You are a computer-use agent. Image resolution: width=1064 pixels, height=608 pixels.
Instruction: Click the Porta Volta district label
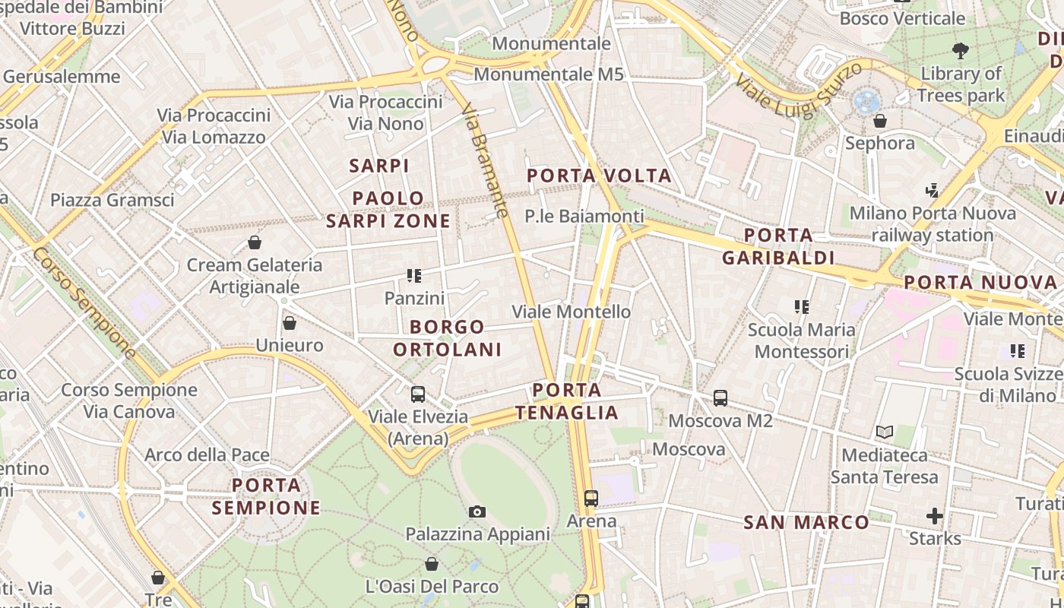(x=600, y=176)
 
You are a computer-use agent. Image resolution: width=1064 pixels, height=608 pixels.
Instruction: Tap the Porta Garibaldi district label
(x=778, y=246)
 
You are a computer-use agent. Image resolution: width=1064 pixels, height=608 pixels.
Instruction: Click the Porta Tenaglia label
(x=566, y=401)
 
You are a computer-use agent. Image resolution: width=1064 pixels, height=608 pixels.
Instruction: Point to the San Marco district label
(x=806, y=522)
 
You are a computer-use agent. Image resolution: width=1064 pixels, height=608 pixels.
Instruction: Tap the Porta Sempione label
(x=266, y=496)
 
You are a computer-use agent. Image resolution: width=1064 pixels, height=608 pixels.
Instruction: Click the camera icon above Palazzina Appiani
(x=477, y=511)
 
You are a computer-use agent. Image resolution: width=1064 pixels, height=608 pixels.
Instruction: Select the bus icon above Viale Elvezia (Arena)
(x=418, y=394)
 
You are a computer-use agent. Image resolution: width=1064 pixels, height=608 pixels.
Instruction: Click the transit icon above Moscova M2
(x=720, y=397)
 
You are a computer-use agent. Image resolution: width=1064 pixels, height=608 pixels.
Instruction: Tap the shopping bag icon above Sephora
(x=880, y=121)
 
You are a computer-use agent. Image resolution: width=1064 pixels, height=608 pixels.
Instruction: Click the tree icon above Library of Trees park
(x=961, y=51)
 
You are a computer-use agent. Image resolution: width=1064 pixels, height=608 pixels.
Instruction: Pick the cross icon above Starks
(x=935, y=517)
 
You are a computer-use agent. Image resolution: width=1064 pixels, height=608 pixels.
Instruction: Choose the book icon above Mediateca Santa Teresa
(x=884, y=432)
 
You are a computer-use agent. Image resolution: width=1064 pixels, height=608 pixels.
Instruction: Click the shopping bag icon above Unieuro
(x=289, y=323)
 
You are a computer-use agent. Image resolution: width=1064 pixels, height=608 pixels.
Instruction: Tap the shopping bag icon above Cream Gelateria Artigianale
(x=255, y=242)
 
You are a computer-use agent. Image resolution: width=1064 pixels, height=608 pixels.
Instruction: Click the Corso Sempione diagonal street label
(x=84, y=302)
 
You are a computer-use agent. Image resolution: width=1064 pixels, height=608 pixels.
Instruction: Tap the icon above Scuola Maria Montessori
(x=801, y=307)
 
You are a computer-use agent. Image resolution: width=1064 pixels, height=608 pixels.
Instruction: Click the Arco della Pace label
(x=207, y=455)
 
